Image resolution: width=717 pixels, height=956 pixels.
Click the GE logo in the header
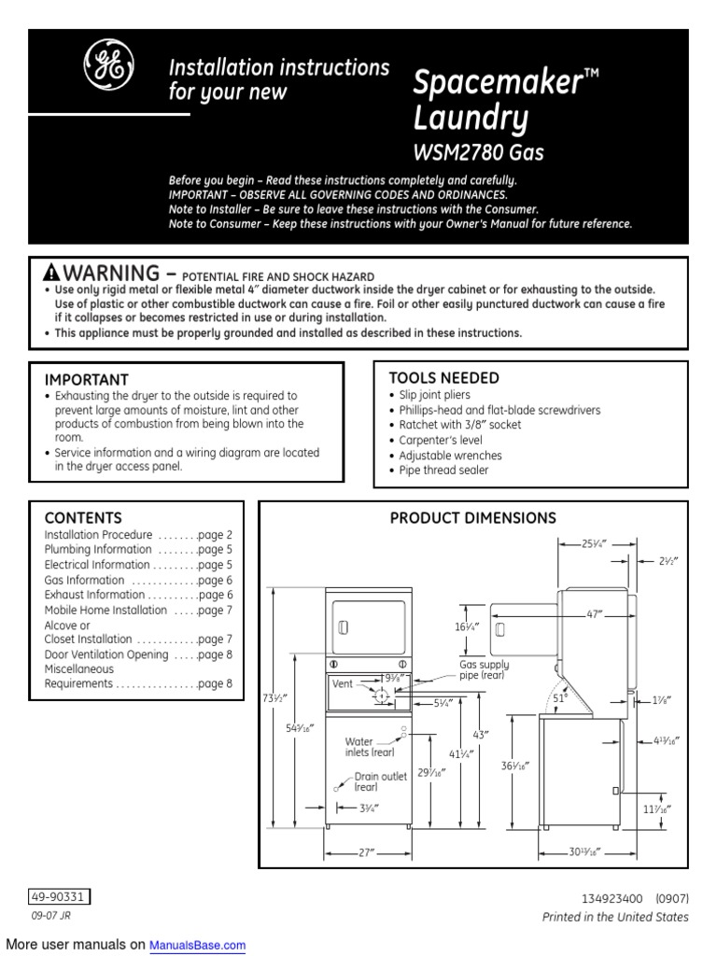(x=108, y=66)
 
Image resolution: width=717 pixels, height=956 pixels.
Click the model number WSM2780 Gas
(x=478, y=151)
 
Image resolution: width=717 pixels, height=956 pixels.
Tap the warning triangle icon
(x=51, y=273)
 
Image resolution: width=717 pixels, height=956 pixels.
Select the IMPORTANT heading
(x=87, y=380)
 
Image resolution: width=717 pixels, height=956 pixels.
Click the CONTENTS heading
(x=83, y=517)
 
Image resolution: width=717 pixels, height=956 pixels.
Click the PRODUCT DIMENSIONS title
(x=472, y=517)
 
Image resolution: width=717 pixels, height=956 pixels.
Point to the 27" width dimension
(x=367, y=851)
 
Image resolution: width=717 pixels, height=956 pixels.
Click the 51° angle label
(x=560, y=697)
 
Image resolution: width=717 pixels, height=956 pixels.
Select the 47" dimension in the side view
(x=595, y=614)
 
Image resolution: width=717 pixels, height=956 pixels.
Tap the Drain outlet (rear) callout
(x=379, y=782)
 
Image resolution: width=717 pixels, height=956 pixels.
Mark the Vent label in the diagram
(x=343, y=684)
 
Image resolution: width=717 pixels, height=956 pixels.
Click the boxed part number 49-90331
(x=59, y=897)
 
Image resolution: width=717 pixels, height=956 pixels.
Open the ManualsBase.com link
(x=198, y=946)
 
